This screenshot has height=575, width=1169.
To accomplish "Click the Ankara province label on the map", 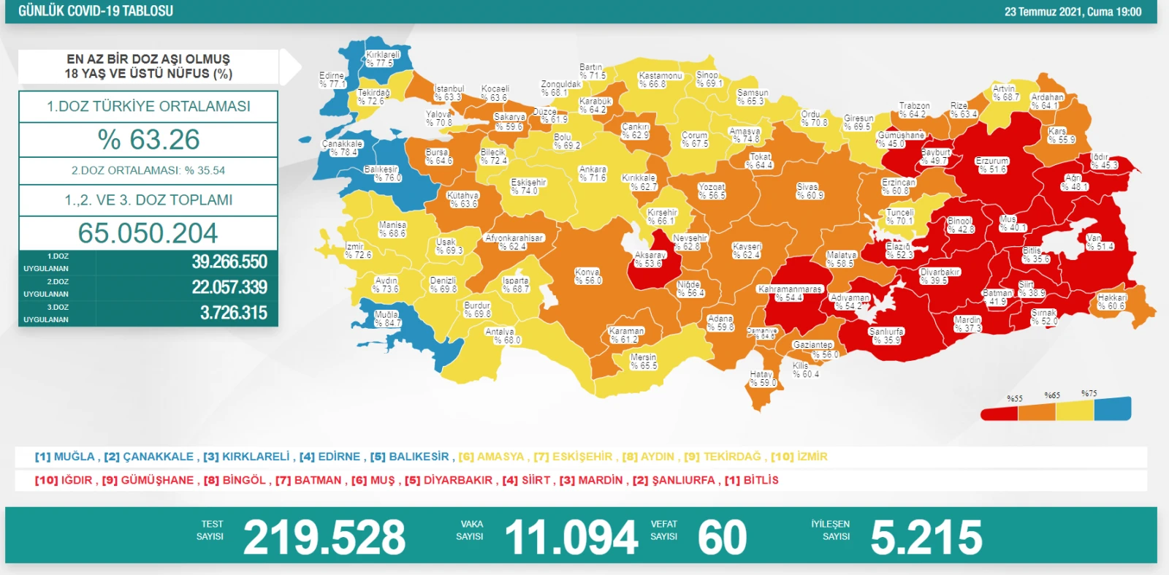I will click(x=593, y=173).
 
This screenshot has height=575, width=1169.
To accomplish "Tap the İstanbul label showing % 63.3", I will click(x=448, y=93).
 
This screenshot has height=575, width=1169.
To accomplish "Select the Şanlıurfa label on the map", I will click(x=886, y=335).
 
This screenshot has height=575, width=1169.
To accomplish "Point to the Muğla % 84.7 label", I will click(x=387, y=319).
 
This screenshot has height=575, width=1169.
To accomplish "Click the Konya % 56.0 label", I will click(x=587, y=276).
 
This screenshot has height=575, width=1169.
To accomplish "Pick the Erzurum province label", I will click(x=991, y=164).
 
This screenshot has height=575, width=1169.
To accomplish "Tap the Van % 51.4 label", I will click(x=1099, y=242).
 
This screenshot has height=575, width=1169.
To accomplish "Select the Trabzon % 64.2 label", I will click(x=913, y=110).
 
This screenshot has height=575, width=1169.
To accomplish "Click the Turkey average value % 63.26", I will click(x=148, y=140).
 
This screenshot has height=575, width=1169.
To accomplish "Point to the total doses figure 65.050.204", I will click(x=148, y=233).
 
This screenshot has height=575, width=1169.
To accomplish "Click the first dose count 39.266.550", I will click(x=229, y=262).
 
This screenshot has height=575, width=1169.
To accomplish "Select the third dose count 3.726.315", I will click(x=233, y=313).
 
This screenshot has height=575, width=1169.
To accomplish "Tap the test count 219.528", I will click(x=324, y=537).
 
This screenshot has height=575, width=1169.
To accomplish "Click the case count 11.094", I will click(x=571, y=537).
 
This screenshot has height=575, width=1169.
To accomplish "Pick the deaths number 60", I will click(x=722, y=537).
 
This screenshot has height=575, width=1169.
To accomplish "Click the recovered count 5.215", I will click(x=926, y=537).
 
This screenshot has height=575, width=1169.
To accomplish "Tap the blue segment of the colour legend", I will click(x=1112, y=408).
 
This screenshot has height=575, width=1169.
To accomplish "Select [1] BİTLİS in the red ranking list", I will click(x=751, y=480).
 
